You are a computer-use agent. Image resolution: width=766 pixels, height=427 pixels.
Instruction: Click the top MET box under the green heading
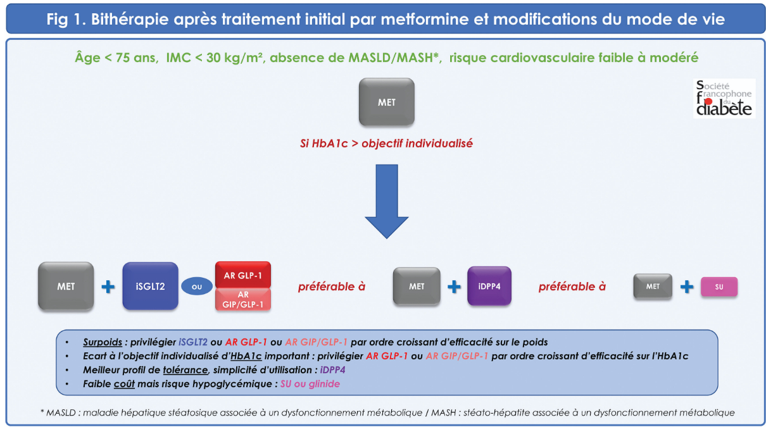pyautogui.click(x=386, y=102)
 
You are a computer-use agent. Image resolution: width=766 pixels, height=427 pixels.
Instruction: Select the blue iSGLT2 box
pyautogui.click(x=149, y=287)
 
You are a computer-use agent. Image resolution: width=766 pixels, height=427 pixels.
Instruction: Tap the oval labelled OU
pyautogui.click(x=197, y=287)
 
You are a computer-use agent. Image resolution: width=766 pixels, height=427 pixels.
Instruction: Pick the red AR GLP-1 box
pyautogui.click(x=243, y=275)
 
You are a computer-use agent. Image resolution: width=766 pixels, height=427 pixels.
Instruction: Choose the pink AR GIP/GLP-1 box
pyautogui.click(x=243, y=299)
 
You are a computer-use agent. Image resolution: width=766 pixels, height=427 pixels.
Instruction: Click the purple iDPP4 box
pyautogui.click(x=489, y=287)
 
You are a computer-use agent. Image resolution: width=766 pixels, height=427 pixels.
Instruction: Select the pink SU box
pyautogui.click(x=719, y=287)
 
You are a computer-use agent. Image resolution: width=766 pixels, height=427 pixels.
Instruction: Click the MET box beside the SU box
pyautogui.click(x=653, y=287)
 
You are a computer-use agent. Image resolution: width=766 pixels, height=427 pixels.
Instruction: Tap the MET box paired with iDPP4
pyautogui.click(x=417, y=287)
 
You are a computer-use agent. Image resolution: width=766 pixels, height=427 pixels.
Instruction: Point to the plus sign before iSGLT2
pyautogui.click(x=108, y=287)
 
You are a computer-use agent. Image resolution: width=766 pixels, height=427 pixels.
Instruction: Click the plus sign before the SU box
pyautogui.click(x=686, y=287)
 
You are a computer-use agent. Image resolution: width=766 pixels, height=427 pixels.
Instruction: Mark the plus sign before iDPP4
pyautogui.click(x=453, y=287)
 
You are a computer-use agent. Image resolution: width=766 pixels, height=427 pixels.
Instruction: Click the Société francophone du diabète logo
pyautogui.click(x=724, y=99)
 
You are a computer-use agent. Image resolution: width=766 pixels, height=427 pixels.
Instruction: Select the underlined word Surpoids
pyautogui.click(x=102, y=342)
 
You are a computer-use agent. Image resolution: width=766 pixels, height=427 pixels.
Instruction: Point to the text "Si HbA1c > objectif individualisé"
pyautogui.click(x=386, y=144)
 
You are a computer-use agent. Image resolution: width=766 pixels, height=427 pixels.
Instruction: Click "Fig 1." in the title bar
pyautogui.click(x=66, y=20)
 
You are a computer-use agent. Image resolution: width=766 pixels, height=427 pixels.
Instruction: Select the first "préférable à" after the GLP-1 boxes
pyautogui.click(x=332, y=287)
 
